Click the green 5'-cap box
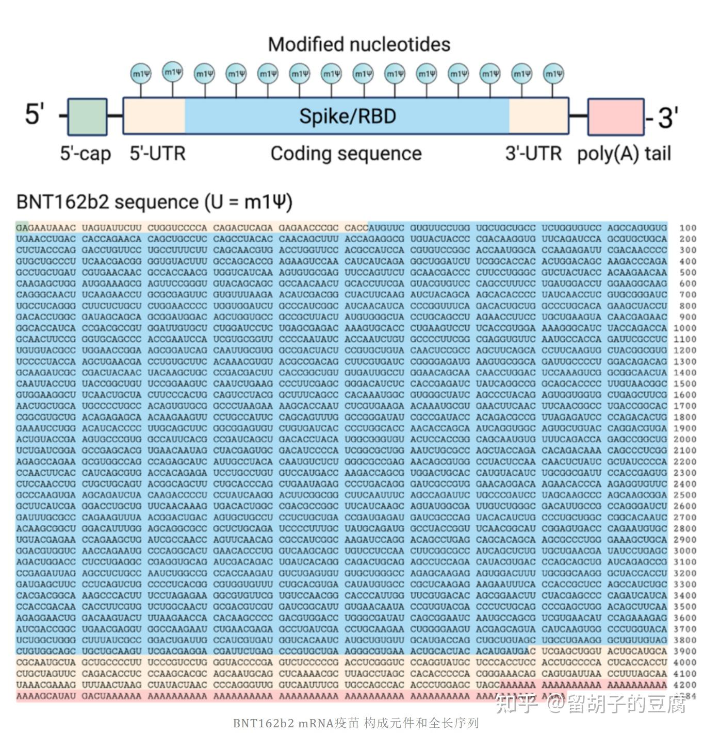(87, 116)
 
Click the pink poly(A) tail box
(616, 116)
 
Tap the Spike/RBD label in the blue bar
(347, 116)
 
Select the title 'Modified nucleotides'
(359, 44)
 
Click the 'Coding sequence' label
(346, 154)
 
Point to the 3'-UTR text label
(533, 154)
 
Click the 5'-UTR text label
(157, 154)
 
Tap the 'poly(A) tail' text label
(624, 154)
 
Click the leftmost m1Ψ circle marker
(140, 74)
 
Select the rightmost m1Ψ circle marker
(553, 74)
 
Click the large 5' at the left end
(35, 114)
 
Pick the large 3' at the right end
(668, 118)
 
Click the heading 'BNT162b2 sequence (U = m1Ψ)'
(154, 202)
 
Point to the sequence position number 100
(687, 228)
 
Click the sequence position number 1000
(685, 328)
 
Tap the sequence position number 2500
(685, 495)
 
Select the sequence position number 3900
(685, 651)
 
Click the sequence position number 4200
(685, 685)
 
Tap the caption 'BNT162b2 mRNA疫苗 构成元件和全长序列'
(356, 723)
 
